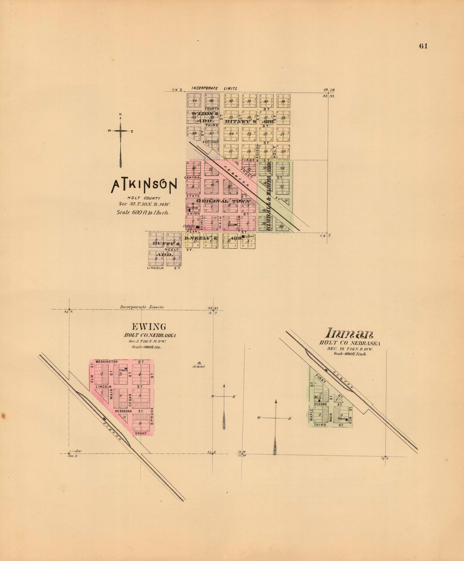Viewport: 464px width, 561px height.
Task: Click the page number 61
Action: pyautogui.click(x=423, y=46)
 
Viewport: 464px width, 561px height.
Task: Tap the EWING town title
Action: pyautogui.click(x=149, y=327)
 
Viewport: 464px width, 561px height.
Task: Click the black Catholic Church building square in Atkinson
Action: pyautogui.click(x=198, y=227)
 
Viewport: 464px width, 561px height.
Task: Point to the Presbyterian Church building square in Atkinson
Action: pyautogui.click(x=190, y=210)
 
